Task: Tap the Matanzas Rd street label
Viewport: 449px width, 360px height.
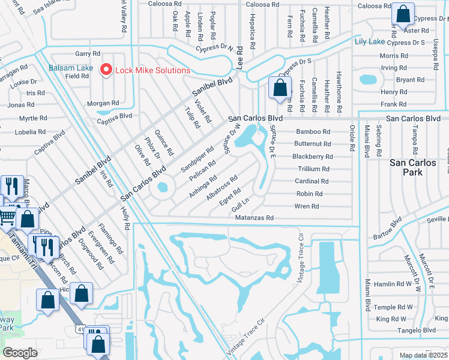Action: coord(254,218)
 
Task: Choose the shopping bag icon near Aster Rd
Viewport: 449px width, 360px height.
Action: coord(403,13)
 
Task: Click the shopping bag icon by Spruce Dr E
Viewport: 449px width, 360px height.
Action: coord(280,88)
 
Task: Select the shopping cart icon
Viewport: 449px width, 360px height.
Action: coord(8,216)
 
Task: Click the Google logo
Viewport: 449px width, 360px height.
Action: coord(20,353)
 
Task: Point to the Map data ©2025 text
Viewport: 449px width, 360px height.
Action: coord(423,355)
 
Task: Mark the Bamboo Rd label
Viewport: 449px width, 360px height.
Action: coord(313,131)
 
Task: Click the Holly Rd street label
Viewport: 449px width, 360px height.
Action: coord(125,218)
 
